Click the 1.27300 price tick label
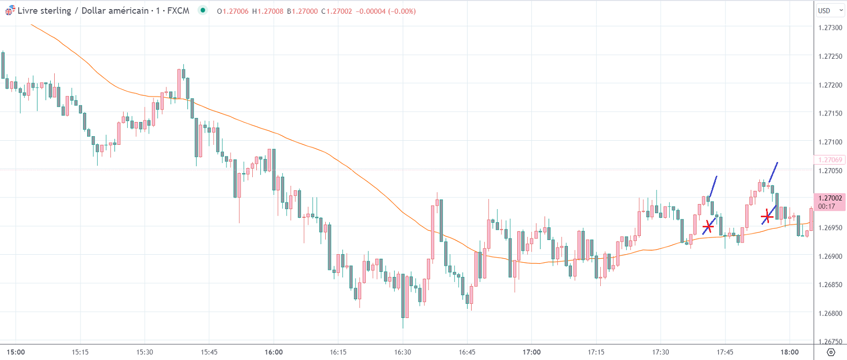[830, 28]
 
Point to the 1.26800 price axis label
[830, 313]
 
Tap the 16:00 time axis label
[274, 352]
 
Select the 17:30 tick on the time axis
[661, 352]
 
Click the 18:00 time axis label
[789, 352]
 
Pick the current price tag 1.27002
[830, 198]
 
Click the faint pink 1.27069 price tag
[830, 160]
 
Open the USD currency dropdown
[830, 11]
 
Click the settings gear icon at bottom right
[831, 352]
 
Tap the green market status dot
[203, 10]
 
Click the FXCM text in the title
[178, 11]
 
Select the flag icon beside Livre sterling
[10, 11]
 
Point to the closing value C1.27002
[337, 11]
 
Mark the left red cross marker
[708, 226]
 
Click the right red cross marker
[767, 217]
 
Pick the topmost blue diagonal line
[774, 172]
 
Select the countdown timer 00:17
[827, 206]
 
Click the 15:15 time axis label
[80, 352]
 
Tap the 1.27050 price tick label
[830, 171]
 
